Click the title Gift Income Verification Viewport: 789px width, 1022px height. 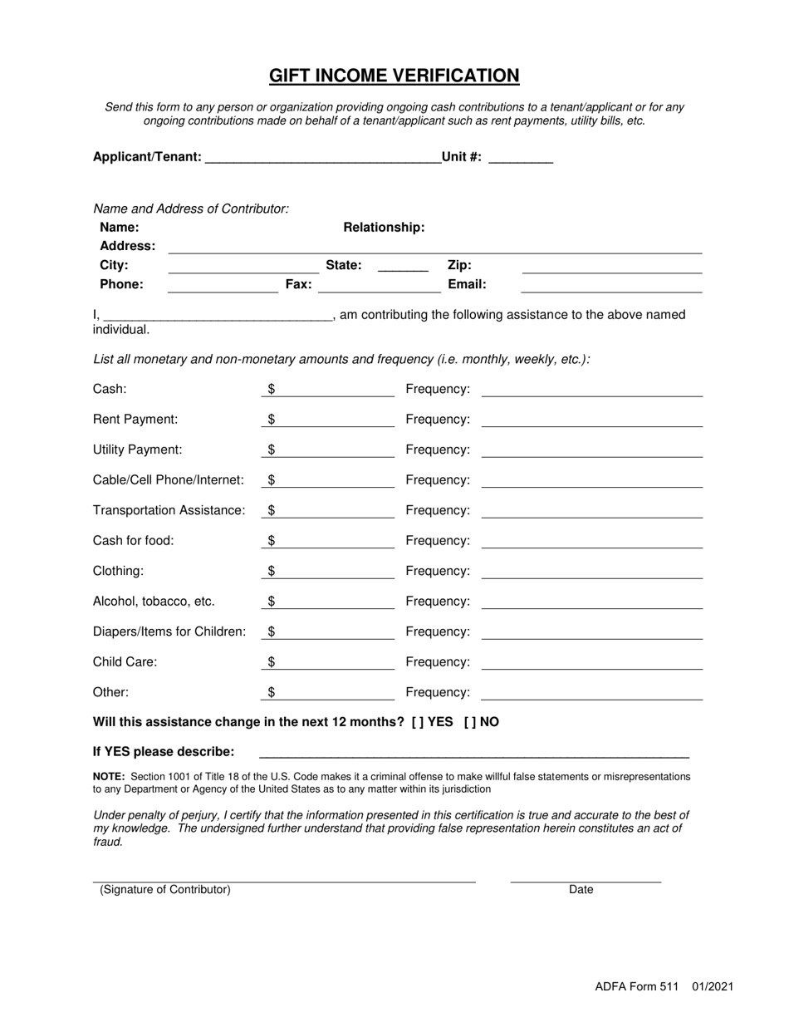pyautogui.click(x=394, y=76)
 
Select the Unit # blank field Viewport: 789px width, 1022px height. pyautogui.click(x=521, y=158)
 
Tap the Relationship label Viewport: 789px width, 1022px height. pyautogui.click(x=384, y=228)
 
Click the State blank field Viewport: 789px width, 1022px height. pyautogui.click(x=402, y=267)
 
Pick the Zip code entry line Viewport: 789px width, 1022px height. pyautogui.click(x=611, y=267)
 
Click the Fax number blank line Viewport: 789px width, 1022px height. pyautogui.click(x=379, y=286)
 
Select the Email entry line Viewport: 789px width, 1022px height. pyautogui.click(x=611, y=286)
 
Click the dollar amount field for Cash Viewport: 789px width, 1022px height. pyautogui.click(x=328, y=390)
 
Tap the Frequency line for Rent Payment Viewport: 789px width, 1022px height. pyautogui.click(x=591, y=420)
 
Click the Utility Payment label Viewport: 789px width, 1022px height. pyautogui.click(x=137, y=450)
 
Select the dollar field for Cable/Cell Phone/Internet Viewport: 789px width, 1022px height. pyautogui.click(x=328, y=481)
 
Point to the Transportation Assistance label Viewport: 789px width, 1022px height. pyautogui.click(x=169, y=510)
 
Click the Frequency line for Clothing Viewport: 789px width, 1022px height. pyautogui.click(x=591, y=572)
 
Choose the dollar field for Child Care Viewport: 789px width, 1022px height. pyautogui.click(x=328, y=663)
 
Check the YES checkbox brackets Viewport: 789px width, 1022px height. pyautogui.click(x=417, y=722)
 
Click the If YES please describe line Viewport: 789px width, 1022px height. pyautogui.click(x=473, y=753)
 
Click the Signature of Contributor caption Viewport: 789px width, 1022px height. pyautogui.click(x=165, y=890)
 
